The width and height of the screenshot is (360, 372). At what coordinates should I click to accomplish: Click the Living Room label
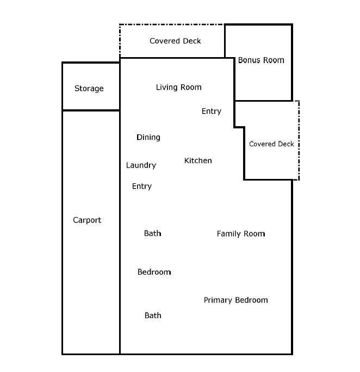click(178, 87)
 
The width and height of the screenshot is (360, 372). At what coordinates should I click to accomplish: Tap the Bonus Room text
click(261, 60)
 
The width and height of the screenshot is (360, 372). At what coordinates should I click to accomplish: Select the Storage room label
click(89, 88)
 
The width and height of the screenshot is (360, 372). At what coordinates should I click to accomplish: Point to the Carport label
click(87, 220)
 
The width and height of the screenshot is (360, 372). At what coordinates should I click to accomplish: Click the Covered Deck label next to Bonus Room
click(175, 41)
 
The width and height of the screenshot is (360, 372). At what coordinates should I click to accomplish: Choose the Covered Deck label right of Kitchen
click(271, 144)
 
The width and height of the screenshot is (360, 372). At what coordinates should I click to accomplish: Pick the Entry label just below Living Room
click(211, 111)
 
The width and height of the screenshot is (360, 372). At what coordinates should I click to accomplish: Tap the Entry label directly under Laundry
click(141, 186)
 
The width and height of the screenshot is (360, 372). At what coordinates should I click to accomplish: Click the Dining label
click(148, 137)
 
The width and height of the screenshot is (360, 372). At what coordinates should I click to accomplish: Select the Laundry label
click(141, 165)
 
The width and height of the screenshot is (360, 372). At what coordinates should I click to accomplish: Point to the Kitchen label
click(198, 160)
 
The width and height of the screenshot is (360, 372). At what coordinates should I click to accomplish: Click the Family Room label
click(240, 233)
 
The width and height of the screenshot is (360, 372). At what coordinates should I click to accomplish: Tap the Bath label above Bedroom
click(152, 233)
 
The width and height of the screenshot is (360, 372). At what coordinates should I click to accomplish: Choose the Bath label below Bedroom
click(153, 315)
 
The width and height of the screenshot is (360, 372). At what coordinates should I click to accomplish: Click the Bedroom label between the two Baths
click(154, 272)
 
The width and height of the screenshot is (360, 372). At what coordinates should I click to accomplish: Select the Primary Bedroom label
click(235, 300)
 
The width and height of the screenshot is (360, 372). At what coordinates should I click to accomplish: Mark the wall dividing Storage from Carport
click(91, 110)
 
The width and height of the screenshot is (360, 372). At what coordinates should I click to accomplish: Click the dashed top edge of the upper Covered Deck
click(171, 24)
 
